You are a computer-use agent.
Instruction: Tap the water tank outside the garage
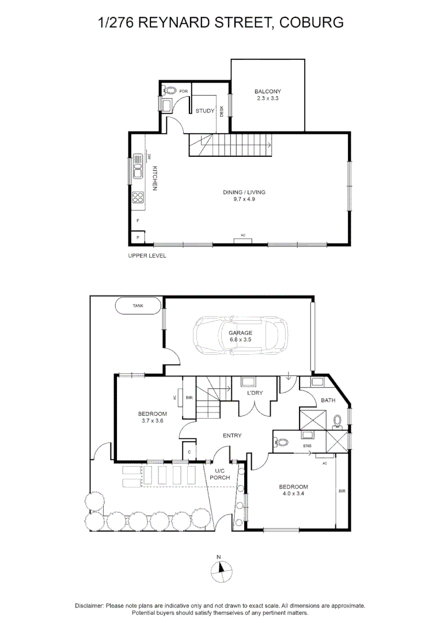pyautogui.click(x=138, y=306)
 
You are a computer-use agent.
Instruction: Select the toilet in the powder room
pyautogui.click(x=170, y=91)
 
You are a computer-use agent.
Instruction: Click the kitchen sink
pyautogui.click(x=138, y=166)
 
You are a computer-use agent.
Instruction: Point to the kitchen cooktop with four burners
pyautogui.click(x=138, y=198)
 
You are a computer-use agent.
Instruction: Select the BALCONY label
pyautogui.click(x=267, y=91)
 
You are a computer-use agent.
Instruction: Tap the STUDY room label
pyautogui.click(x=204, y=111)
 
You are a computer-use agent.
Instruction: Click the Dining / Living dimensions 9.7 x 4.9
pyautogui.click(x=244, y=199)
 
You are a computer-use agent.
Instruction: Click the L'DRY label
pyautogui.click(x=255, y=393)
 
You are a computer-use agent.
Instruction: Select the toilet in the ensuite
pyautogui.click(x=282, y=441)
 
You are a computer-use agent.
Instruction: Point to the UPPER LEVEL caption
pyautogui.click(x=147, y=256)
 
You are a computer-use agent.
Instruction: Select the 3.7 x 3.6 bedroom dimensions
pyautogui.click(x=152, y=421)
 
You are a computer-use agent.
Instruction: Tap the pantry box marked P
pyautogui.click(x=138, y=237)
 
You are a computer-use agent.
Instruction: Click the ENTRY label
pyautogui.click(x=232, y=436)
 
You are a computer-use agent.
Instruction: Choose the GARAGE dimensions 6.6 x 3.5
pyautogui.click(x=240, y=340)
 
